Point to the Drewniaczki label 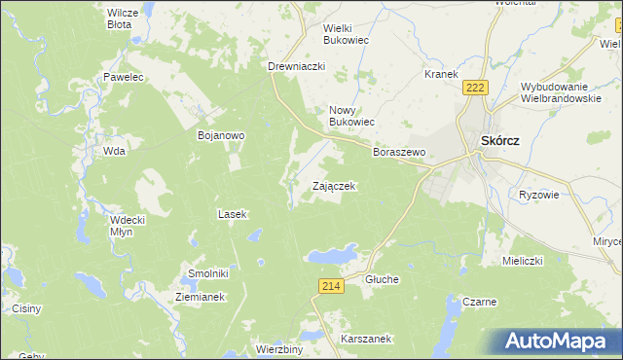click(296, 66)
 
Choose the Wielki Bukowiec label click(350, 35)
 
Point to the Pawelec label click(124, 76)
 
